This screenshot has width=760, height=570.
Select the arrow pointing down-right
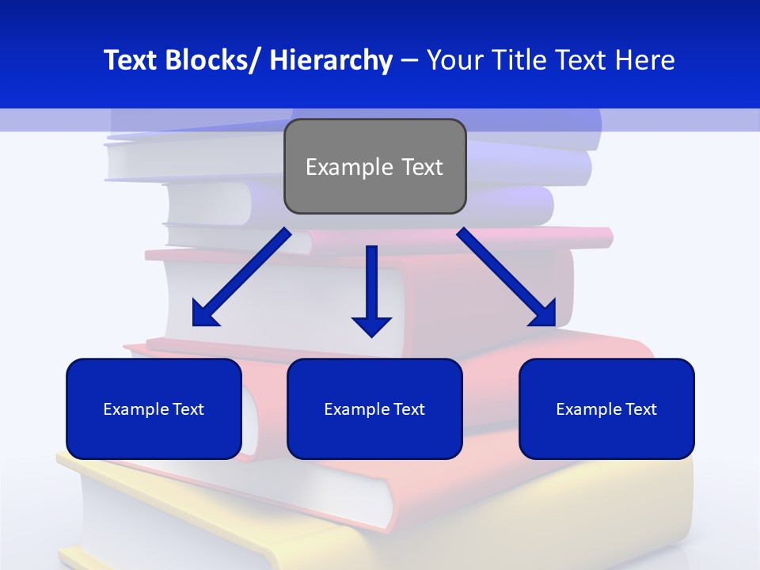(507, 277)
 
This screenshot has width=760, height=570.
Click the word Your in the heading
(454, 60)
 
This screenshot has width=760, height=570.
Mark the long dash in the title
(409, 60)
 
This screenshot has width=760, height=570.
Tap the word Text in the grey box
(421, 167)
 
